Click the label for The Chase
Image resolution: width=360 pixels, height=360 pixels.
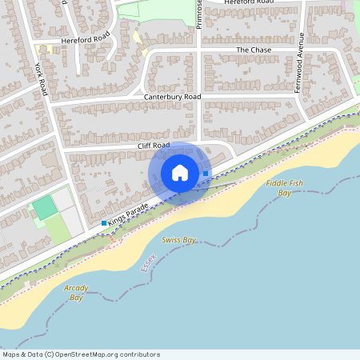pyautogui.click(x=254, y=50)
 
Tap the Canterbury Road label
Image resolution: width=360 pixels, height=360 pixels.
pyautogui.click(x=172, y=97)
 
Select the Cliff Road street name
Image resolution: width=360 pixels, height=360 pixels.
pyautogui.click(x=154, y=145)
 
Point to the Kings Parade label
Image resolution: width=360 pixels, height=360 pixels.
pyautogui.click(x=129, y=212)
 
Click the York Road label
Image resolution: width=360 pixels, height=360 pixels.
pyautogui.click(x=42, y=80)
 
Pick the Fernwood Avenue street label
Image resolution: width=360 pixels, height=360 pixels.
pyautogui.click(x=302, y=63)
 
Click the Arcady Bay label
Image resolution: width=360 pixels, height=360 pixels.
pyautogui.click(x=78, y=292)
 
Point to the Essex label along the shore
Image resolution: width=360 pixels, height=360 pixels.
pyautogui.click(x=148, y=259)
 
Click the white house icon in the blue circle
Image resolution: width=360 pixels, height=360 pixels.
pyautogui.click(x=179, y=173)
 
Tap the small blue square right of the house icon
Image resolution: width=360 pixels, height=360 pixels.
pyautogui.click(x=206, y=173)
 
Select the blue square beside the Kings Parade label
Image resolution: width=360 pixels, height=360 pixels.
pyautogui.click(x=104, y=223)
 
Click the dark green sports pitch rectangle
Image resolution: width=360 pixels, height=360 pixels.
pyautogui.click(x=44, y=209)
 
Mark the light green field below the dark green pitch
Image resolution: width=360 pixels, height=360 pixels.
pyautogui.click(x=57, y=230)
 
